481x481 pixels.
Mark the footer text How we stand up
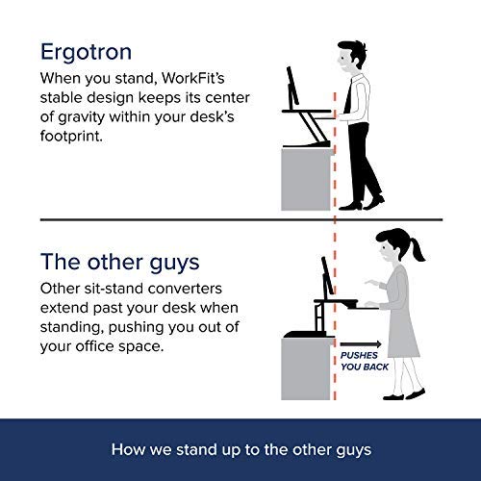(240, 447)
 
